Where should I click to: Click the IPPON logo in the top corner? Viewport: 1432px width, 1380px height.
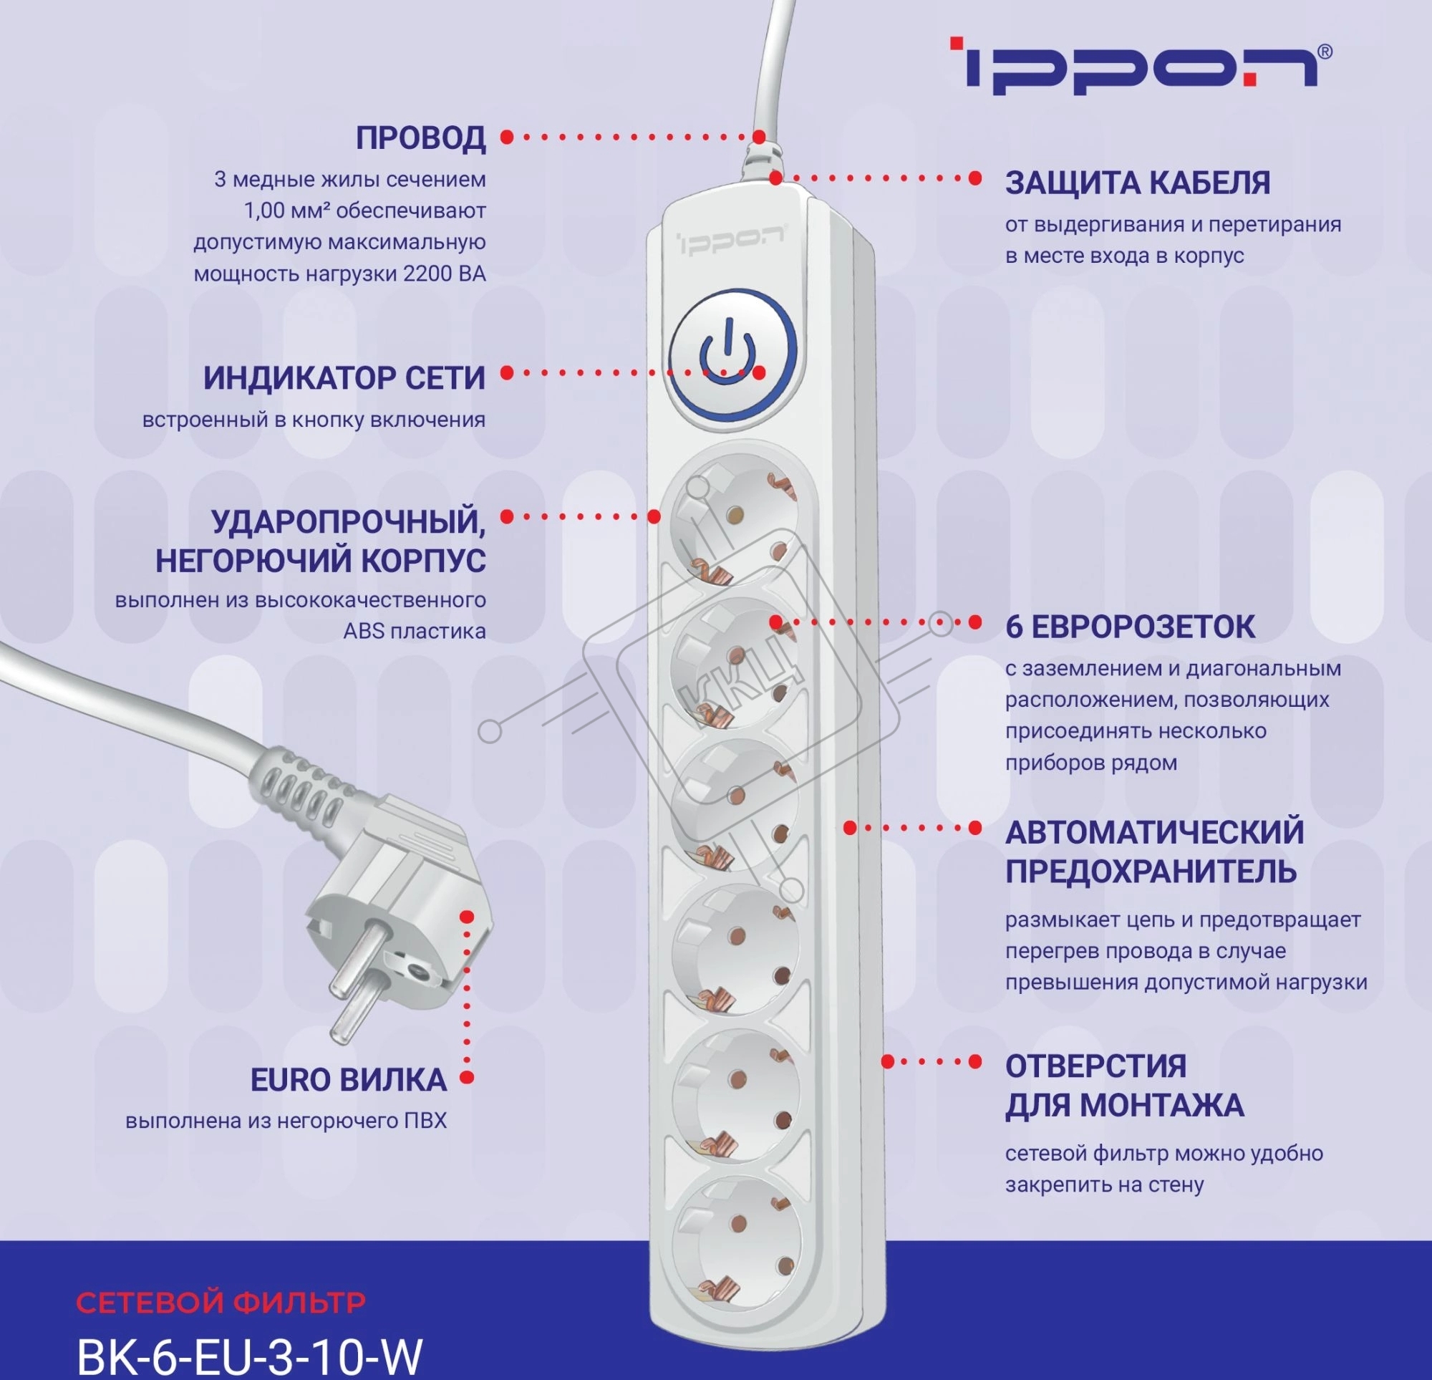point(1141,67)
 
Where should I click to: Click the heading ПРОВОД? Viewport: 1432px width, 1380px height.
point(421,138)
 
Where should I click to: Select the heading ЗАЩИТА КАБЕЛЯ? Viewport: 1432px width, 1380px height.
point(1138,183)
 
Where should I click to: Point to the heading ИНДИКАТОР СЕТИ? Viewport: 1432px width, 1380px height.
point(344,378)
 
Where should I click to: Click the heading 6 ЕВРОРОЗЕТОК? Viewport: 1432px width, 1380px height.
point(1131,627)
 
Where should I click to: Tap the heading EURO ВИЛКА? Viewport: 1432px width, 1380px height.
point(349,1080)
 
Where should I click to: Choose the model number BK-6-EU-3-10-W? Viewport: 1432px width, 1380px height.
point(249,1356)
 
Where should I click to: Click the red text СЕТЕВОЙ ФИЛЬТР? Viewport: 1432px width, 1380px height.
point(221,1303)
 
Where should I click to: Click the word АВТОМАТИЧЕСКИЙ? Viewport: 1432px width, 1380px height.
point(1154,832)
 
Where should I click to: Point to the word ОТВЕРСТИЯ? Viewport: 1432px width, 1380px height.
point(1096,1066)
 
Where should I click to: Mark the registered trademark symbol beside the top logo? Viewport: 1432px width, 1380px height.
point(1324,52)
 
